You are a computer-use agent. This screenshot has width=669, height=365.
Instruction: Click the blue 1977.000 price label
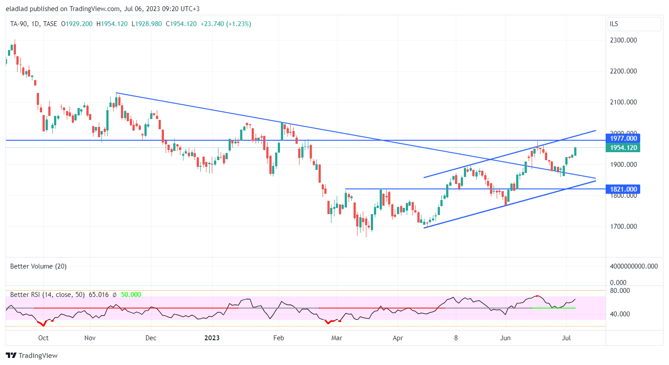coord(623,138)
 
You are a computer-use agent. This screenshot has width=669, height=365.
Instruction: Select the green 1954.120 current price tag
coord(623,148)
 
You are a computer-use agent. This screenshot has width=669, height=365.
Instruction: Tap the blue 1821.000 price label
coord(623,189)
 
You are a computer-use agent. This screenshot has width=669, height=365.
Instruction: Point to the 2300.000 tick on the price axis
coord(623,40)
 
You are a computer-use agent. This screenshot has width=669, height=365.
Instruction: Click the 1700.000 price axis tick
coord(623,227)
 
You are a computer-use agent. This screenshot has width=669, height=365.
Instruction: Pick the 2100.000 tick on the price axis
coord(623,102)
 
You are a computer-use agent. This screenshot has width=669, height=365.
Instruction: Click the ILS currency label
coord(614,24)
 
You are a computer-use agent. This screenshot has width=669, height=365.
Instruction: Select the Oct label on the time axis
coord(43,338)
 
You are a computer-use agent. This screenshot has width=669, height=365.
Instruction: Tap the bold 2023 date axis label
coord(212,338)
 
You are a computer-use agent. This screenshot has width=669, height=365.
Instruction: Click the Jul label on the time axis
coord(566,338)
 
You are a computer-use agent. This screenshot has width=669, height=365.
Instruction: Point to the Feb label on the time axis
coord(279,338)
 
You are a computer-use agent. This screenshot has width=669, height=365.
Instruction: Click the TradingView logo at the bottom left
coord(32,356)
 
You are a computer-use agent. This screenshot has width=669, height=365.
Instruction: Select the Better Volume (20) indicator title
coord(39,266)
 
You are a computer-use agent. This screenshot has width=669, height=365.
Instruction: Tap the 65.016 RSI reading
coord(99,295)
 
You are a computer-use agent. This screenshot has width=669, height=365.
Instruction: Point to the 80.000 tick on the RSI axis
coord(620,291)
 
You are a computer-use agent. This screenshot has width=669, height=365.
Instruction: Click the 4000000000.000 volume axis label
coord(634,266)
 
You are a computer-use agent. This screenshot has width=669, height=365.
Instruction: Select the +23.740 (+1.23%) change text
coord(226,24)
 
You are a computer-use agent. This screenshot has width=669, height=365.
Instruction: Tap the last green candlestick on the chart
coord(575,151)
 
